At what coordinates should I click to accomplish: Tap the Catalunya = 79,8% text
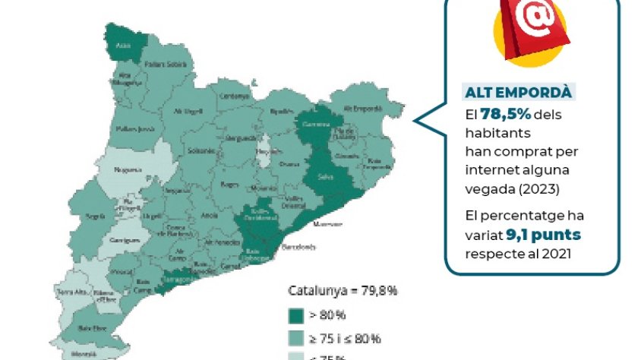[x=343, y=291]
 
